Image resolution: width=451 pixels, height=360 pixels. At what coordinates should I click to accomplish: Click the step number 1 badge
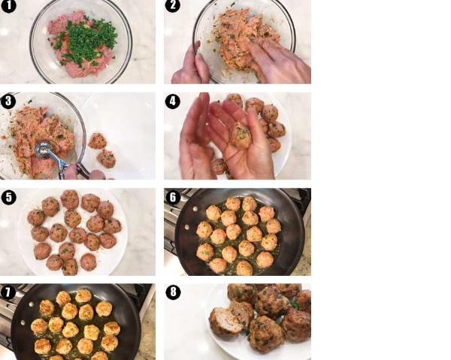[8, 5]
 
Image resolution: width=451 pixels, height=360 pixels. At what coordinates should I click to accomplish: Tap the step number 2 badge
[173, 5]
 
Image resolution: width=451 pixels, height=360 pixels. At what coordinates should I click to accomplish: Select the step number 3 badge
[8, 101]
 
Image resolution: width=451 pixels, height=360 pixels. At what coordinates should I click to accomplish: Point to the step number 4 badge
[173, 101]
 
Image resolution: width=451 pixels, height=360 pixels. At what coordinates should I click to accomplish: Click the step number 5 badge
[8, 198]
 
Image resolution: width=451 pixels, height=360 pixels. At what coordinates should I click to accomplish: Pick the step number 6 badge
[173, 197]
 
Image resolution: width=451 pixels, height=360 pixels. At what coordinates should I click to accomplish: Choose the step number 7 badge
[8, 292]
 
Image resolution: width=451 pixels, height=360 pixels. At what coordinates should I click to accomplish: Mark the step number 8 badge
[173, 292]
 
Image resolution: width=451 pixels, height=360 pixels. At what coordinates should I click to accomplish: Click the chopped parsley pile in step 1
[86, 41]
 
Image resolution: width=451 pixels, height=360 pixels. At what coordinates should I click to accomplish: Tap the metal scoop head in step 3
[44, 150]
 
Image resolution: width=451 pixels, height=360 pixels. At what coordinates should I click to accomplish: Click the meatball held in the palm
[241, 135]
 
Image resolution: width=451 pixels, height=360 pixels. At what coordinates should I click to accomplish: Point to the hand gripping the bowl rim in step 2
[191, 65]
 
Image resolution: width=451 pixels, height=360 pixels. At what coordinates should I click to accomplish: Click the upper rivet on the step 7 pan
[32, 304]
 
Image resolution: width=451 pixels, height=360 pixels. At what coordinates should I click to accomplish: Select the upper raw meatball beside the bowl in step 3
[98, 141]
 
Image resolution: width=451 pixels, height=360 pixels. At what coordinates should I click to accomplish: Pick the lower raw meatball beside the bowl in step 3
[106, 159]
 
